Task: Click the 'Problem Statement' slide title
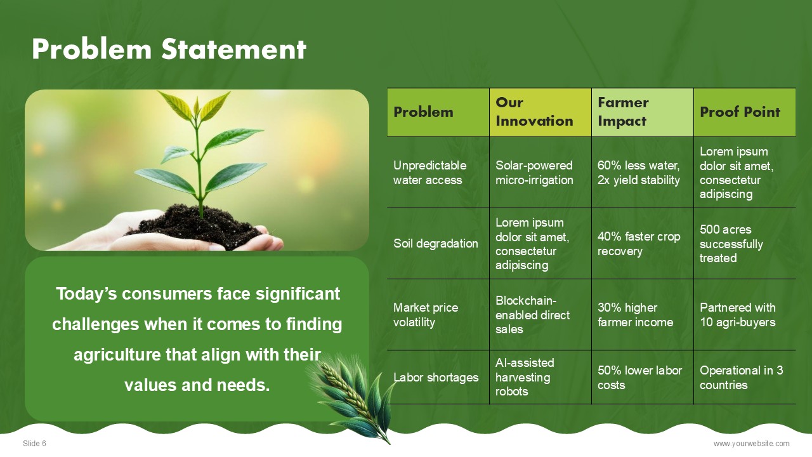pos(169,49)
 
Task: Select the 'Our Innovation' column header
pos(540,112)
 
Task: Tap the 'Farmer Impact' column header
pos(643,112)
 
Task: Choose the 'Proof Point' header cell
pos(745,112)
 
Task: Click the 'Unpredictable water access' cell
pos(438,172)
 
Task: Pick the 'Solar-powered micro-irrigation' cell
pos(540,172)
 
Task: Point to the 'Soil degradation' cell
pos(438,243)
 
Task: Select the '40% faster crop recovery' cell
pos(643,243)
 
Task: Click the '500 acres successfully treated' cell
pos(745,243)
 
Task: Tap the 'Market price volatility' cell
pos(438,314)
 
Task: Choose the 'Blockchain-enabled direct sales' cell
pos(540,314)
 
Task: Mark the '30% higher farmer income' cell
pos(643,314)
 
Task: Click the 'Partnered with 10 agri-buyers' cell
pos(745,314)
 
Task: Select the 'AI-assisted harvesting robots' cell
pos(540,377)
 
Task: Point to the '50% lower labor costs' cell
pos(643,377)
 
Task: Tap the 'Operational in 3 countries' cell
pos(745,377)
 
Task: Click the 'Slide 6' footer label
pos(34,444)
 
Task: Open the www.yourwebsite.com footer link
pos(752,444)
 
